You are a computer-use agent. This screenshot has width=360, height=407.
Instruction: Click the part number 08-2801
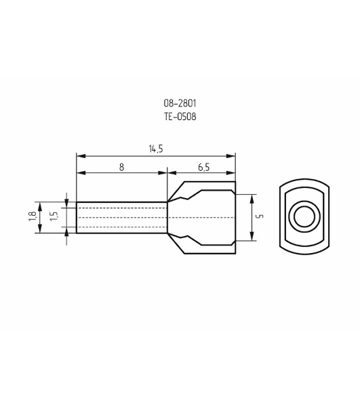(180, 103)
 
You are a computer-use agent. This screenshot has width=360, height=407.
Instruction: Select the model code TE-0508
(180, 117)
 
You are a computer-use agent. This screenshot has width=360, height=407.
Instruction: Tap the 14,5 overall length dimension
(156, 149)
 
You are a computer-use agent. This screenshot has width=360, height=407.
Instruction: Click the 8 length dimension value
(121, 167)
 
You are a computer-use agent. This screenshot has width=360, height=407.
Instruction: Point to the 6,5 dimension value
(203, 168)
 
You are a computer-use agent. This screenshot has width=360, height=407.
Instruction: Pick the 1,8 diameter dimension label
(32, 216)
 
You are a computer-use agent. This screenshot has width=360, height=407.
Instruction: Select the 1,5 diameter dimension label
(54, 216)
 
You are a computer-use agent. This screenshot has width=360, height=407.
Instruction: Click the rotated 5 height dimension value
(260, 216)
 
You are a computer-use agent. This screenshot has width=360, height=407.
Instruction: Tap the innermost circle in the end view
(304, 216)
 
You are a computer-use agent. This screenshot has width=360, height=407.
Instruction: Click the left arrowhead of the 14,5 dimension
(81, 156)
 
